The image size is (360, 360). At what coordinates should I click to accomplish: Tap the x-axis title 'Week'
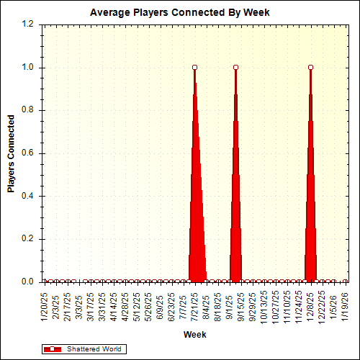point(194,335)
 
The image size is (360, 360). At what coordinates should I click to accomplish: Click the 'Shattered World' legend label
point(94,349)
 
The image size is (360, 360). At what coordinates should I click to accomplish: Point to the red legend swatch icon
point(53,349)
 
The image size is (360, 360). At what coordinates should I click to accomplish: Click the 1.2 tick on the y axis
point(28,24)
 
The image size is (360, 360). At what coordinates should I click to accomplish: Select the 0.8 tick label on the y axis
point(28,110)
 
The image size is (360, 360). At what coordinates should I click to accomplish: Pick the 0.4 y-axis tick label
point(28,196)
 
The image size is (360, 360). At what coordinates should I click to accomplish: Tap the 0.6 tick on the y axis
point(28,153)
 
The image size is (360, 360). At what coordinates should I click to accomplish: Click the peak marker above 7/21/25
point(195,68)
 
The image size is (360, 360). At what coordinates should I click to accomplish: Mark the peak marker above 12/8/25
point(310,68)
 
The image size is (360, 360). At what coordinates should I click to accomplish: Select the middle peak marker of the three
point(235,68)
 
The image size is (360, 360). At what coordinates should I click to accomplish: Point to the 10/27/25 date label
point(276,306)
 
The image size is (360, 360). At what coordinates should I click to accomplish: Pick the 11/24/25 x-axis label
point(299,306)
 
